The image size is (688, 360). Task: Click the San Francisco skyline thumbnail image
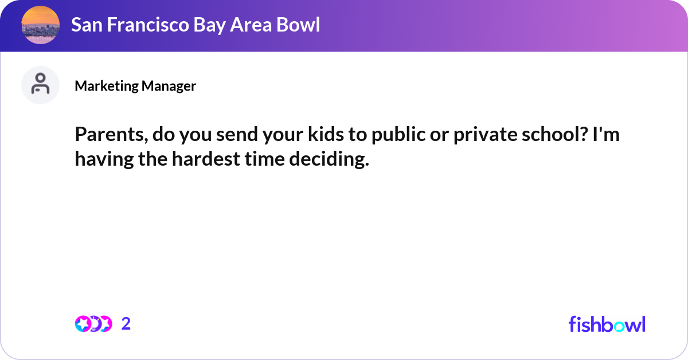point(40,25)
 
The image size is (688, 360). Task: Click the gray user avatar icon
point(40,85)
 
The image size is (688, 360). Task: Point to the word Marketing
point(107,86)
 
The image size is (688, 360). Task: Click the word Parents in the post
point(109,136)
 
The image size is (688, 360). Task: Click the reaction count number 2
point(126,324)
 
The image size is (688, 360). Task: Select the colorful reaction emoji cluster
point(93,324)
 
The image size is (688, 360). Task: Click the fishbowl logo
point(607,324)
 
